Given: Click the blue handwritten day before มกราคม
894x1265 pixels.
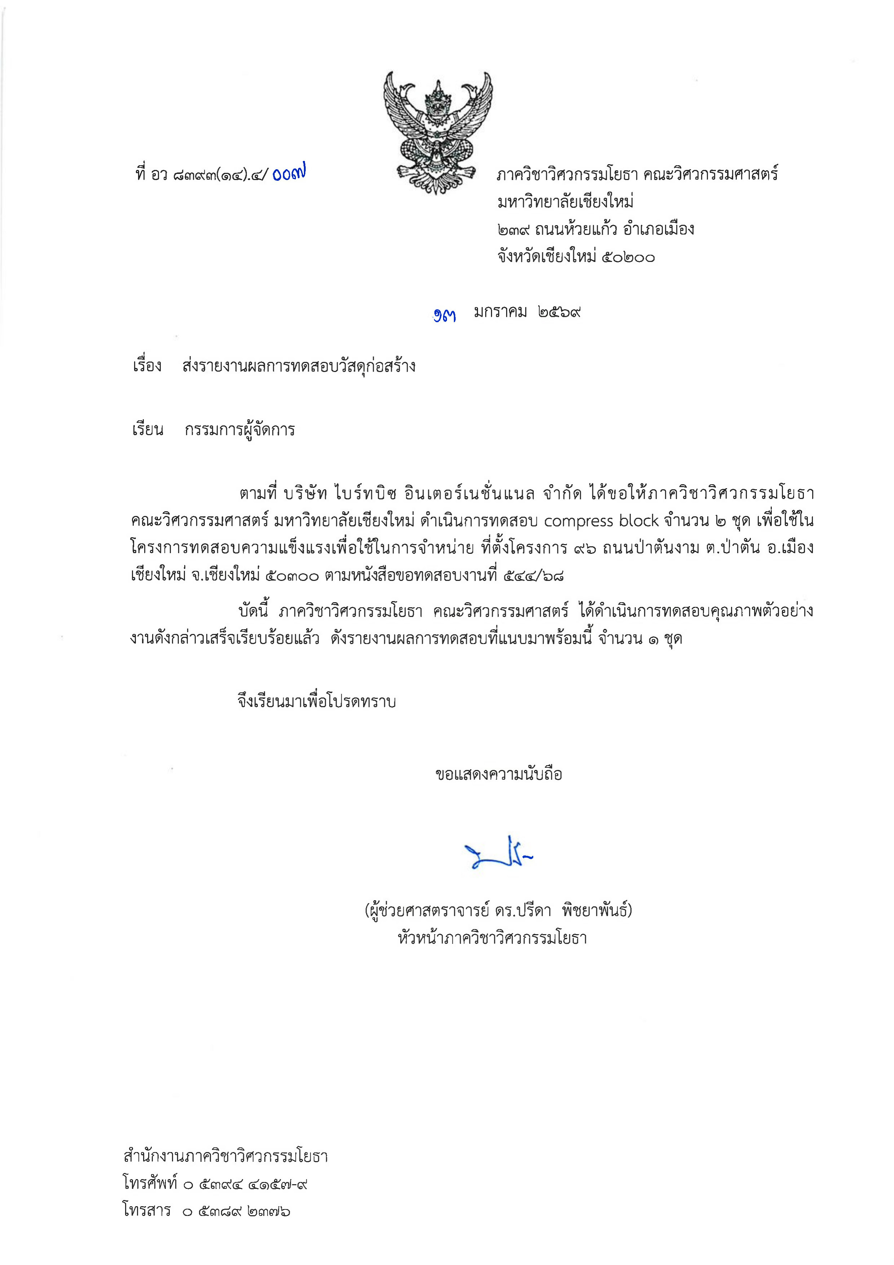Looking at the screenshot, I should tap(444, 315).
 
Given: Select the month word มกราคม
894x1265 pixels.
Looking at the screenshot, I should tap(500, 312).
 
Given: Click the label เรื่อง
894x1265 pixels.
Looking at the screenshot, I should tap(147, 366).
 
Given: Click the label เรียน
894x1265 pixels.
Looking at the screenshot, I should tap(147, 430).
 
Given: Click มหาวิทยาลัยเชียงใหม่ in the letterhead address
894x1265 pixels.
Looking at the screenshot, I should tap(565, 202).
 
